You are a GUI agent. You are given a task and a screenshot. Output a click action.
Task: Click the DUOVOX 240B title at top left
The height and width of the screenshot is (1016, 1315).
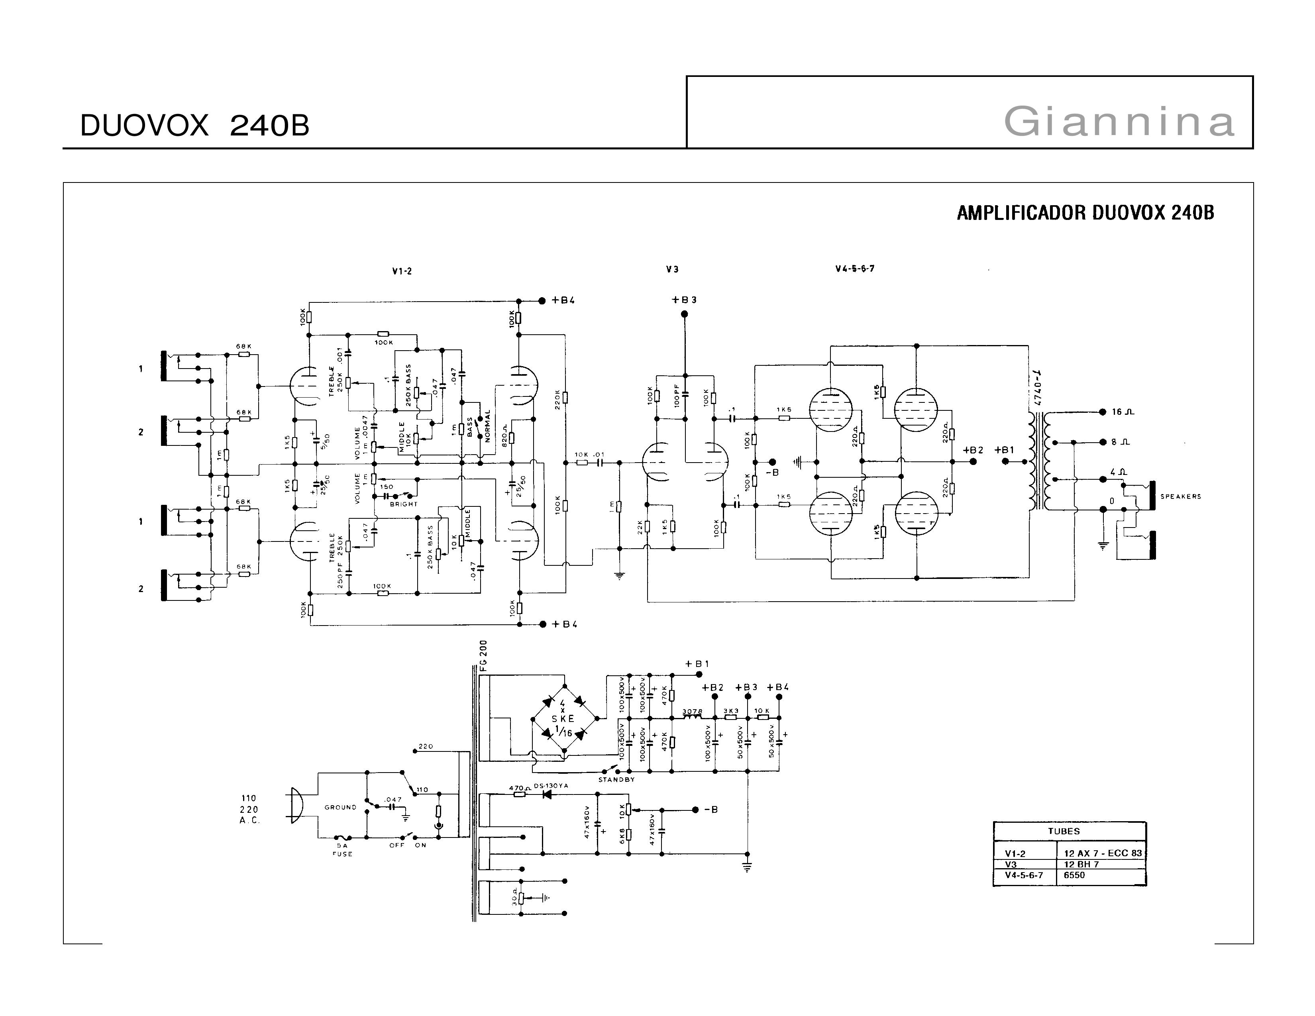(x=194, y=126)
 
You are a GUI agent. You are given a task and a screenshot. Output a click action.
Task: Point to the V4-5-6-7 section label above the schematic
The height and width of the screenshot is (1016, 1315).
(x=854, y=269)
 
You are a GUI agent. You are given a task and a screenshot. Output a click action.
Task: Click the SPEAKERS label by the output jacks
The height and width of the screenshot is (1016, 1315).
(x=1180, y=496)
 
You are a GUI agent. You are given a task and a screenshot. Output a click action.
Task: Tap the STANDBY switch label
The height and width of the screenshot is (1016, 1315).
(x=616, y=779)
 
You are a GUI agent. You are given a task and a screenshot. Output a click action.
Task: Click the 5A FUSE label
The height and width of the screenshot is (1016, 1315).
(x=343, y=849)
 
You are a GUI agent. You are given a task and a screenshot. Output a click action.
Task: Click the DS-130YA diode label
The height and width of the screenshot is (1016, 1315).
(x=551, y=786)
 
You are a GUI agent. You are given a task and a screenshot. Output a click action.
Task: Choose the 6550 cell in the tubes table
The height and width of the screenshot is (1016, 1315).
(x=1074, y=875)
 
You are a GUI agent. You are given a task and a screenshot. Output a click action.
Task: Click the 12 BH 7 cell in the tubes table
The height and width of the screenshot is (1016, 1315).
(x=1081, y=864)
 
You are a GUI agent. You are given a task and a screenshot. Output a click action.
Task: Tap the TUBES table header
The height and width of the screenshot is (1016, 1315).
(x=1064, y=831)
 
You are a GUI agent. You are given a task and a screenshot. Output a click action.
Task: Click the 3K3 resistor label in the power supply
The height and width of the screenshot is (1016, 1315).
(x=730, y=711)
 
